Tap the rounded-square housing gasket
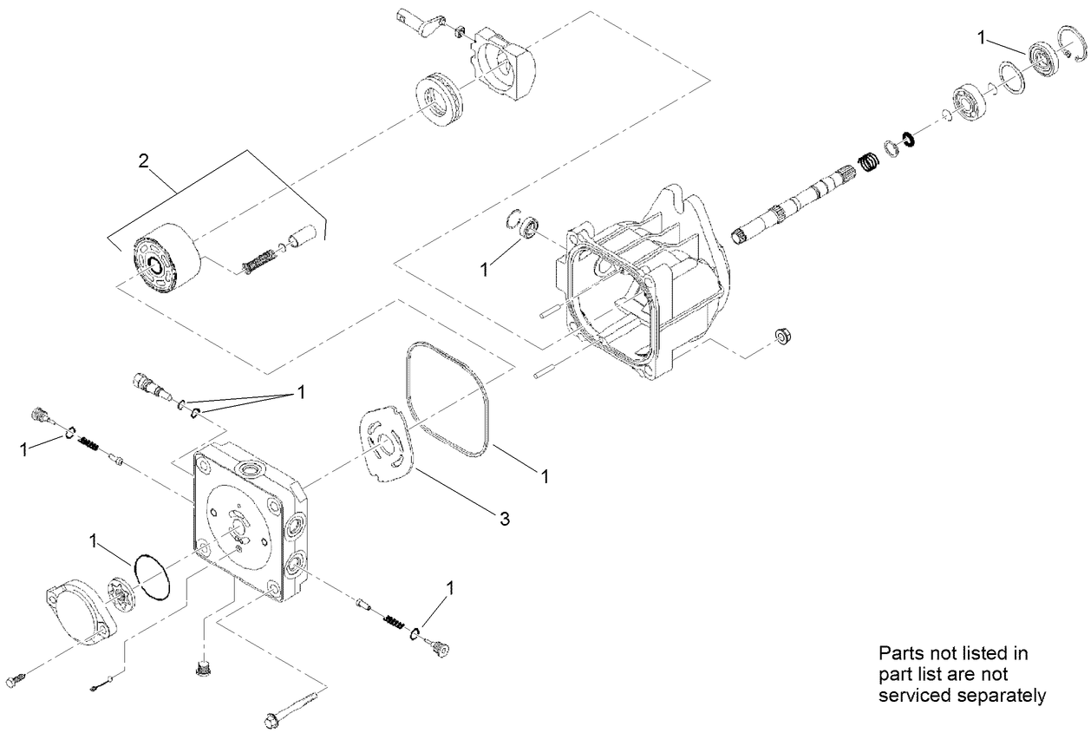(x=448, y=398)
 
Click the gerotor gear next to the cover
(x=122, y=599)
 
